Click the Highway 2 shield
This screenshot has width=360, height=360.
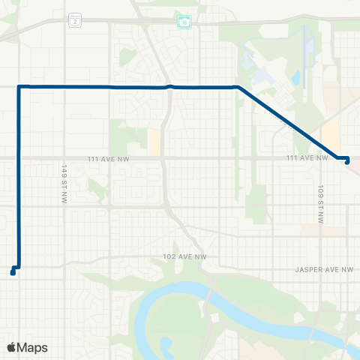(x=75, y=22)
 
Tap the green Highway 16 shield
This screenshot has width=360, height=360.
(x=184, y=22)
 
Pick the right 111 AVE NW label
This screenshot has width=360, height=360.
(x=307, y=157)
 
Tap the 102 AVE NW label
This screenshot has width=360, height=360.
(x=184, y=256)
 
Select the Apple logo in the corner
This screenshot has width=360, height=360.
(x=11, y=347)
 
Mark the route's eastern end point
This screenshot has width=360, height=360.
(x=346, y=162)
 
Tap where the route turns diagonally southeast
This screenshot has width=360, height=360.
(x=238, y=88)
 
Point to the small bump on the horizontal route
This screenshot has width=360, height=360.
(x=171, y=86)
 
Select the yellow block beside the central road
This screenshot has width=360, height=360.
(x=154, y=142)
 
